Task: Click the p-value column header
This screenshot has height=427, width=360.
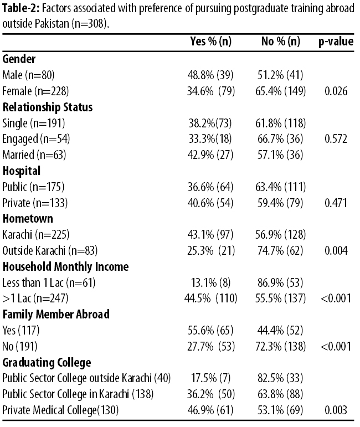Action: [x=336, y=42]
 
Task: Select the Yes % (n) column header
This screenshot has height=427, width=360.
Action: [x=211, y=42]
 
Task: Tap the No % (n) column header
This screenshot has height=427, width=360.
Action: [x=281, y=42]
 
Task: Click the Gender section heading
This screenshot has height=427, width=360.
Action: [x=19, y=59]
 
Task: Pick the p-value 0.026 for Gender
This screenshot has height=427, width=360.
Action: [x=336, y=91]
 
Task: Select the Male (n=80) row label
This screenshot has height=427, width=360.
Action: [x=28, y=75]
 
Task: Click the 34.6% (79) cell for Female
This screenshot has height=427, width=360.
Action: [x=211, y=91]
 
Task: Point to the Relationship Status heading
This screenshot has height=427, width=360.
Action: [x=48, y=107]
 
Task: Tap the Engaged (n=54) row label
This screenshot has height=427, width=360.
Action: [x=36, y=139]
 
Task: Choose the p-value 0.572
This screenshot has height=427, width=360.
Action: [x=336, y=139]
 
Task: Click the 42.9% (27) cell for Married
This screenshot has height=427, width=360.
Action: [x=210, y=155]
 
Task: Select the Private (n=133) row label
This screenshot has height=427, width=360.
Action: [x=35, y=203]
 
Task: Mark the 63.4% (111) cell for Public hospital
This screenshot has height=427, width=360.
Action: [x=280, y=187]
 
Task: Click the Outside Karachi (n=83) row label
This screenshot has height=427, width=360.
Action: [x=50, y=250]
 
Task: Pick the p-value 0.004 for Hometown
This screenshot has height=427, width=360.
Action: [x=336, y=250]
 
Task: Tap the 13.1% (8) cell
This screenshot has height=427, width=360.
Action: [x=211, y=282]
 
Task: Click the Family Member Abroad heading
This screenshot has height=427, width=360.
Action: [x=56, y=314]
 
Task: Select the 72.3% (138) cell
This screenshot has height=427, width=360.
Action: [x=280, y=346]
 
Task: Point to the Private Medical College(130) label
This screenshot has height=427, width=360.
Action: [x=60, y=410]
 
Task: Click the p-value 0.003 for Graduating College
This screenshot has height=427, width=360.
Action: [x=336, y=410]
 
